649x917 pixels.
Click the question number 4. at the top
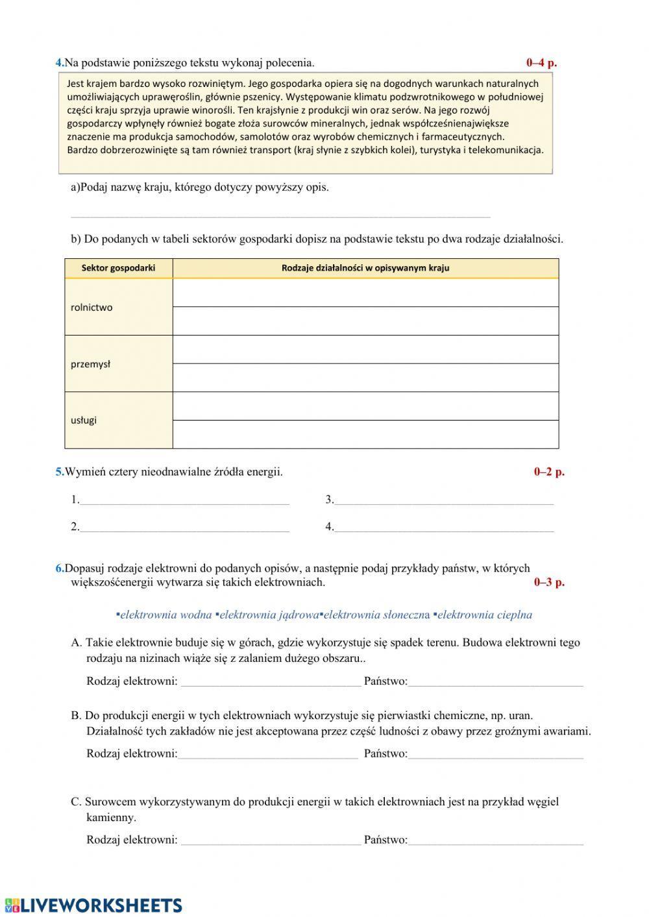[60, 63]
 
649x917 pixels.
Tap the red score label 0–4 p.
[541, 63]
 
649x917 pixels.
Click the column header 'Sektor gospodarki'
[118, 267]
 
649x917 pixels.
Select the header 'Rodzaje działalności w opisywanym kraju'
[365, 267]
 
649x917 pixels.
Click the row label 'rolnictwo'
[92, 308]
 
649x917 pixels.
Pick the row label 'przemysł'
[90, 364]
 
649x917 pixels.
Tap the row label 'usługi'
[84, 420]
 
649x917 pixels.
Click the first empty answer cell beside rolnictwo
[365, 293]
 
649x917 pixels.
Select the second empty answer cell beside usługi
[365, 434]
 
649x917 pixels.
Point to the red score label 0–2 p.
[549, 472]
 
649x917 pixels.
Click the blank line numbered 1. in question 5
[184, 500]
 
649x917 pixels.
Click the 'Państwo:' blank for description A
[496, 682]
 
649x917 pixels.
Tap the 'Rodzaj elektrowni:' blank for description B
[267, 754]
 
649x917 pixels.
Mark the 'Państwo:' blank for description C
[496, 840]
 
